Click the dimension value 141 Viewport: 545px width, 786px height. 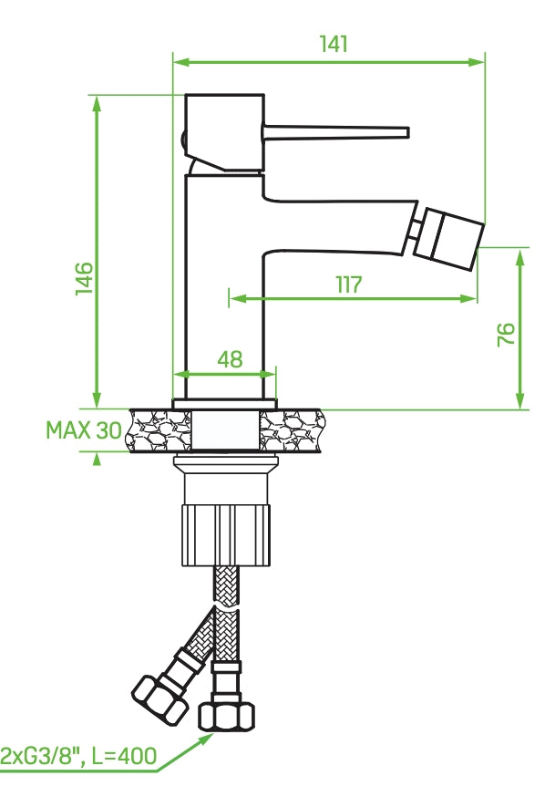pos(334,44)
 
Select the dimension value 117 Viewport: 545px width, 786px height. pos(348,284)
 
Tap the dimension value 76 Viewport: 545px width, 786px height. pos(507,333)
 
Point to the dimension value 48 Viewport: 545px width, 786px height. pos(230,359)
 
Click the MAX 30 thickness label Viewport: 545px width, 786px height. pos(83,430)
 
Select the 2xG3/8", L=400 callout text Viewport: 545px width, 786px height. pos(78,756)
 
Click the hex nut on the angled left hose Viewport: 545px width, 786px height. pos(159,695)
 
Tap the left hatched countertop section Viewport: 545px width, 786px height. pos(160,430)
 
